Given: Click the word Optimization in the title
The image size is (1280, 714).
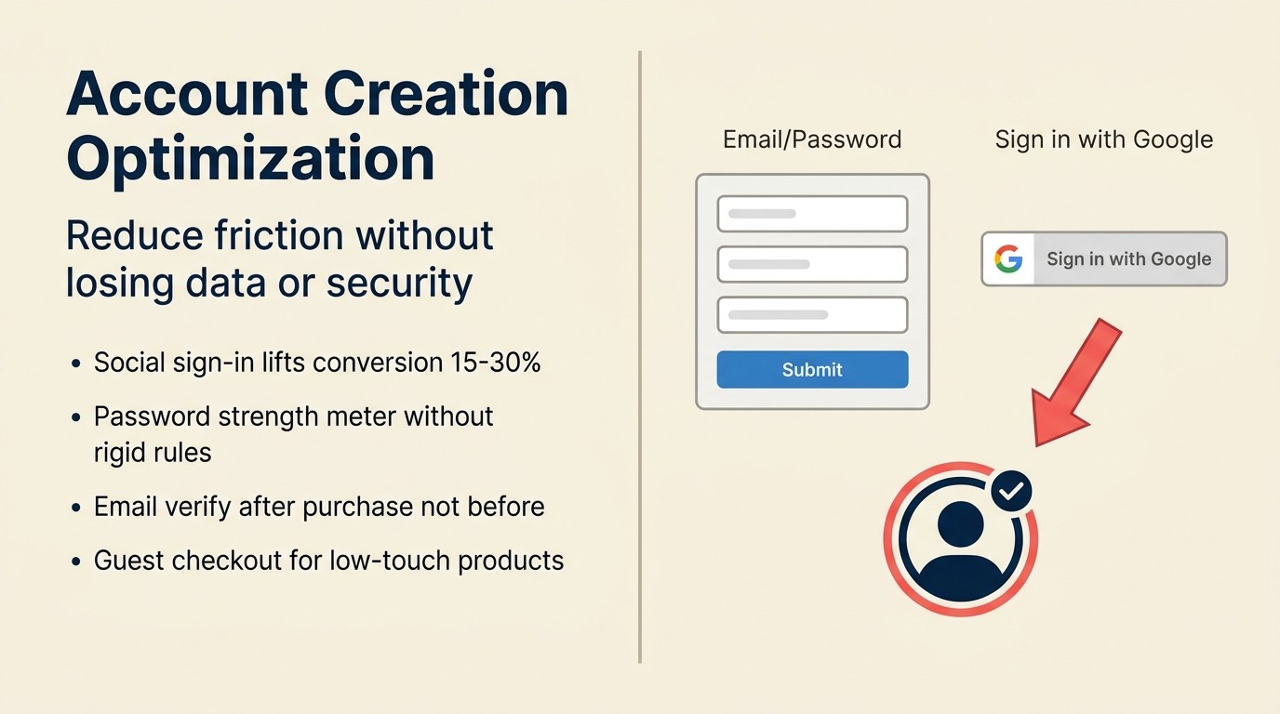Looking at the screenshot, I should click(250, 158).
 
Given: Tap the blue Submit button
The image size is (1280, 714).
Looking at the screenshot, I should click(812, 369).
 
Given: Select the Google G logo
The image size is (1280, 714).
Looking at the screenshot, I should click(1007, 258).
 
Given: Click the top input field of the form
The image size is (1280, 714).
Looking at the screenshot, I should click(812, 214).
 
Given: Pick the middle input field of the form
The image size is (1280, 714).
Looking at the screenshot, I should click(812, 264).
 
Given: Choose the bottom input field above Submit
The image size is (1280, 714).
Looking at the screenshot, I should click(812, 314).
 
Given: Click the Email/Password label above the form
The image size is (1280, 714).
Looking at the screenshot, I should click(812, 139).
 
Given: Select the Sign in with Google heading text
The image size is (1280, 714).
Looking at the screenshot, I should click(1103, 139).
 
